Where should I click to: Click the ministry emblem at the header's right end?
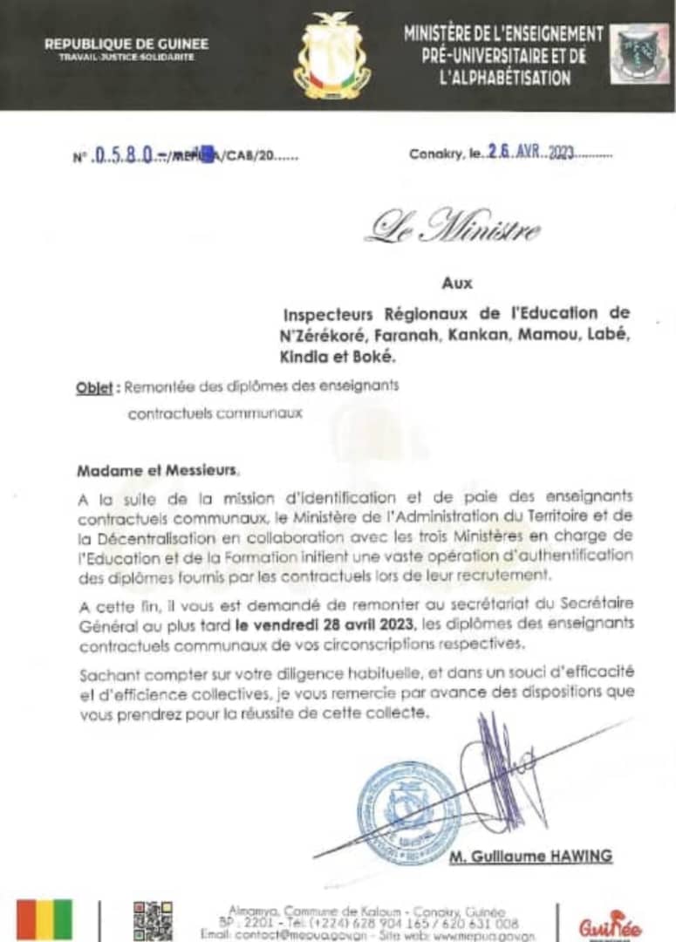pos(639,54)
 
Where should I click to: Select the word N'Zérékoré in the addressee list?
pos(324,335)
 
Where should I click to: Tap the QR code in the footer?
pos(153,921)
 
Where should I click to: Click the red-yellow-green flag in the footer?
pos(45,921)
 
